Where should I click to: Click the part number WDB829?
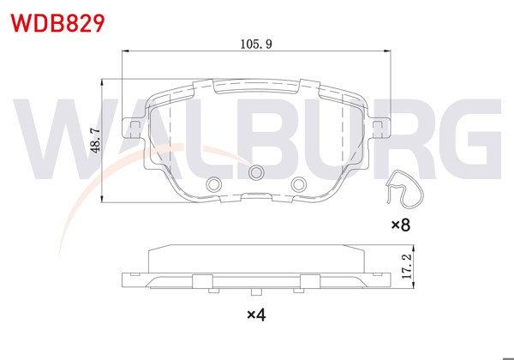pos(58,21)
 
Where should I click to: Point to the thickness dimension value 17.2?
pos(408,266)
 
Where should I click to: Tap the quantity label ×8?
pos(401,225)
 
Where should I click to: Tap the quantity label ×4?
pos(256,315)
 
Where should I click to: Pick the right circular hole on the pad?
pos(298,183)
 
